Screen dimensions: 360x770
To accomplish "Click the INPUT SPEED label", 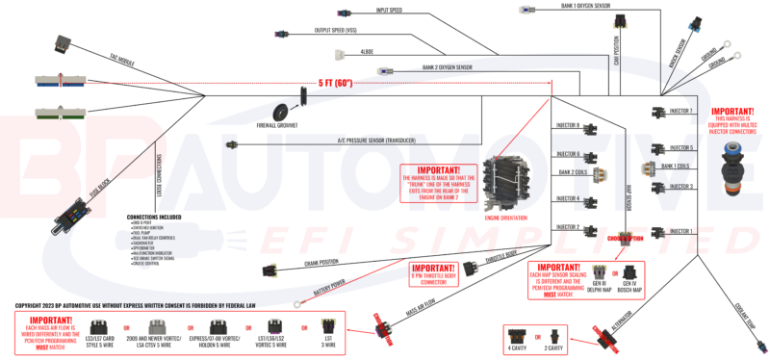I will click(x=389, y=10).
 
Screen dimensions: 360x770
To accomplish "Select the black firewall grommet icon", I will click(x=284, y=112).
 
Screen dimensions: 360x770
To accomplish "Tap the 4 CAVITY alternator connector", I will click(x=515, y=337).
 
